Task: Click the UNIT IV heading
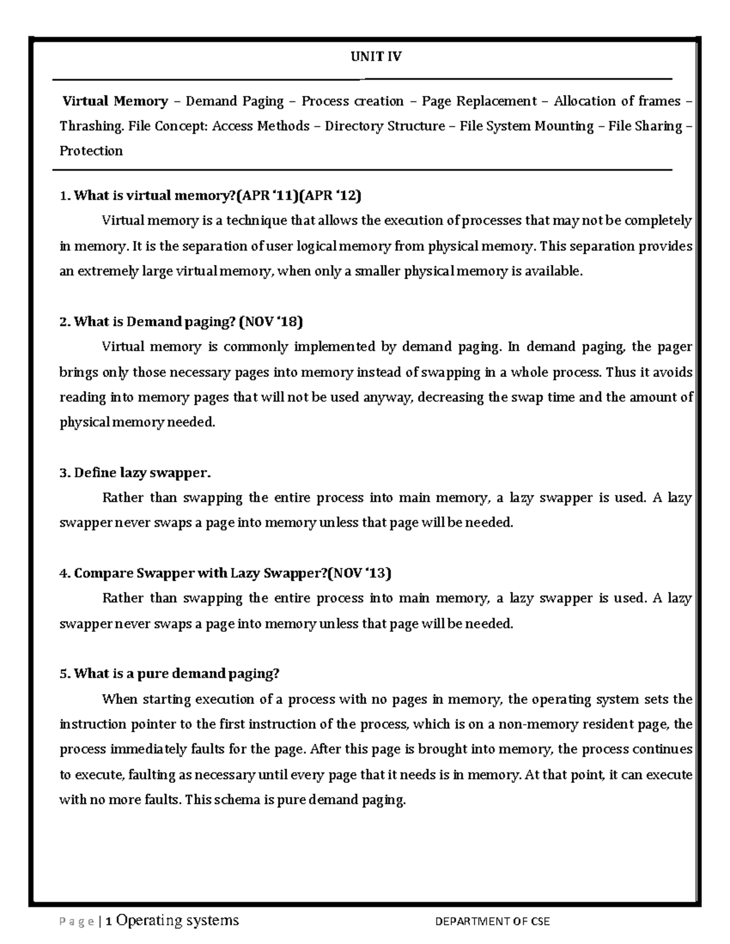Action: coord(376,57)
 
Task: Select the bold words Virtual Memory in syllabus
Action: coord(115,102)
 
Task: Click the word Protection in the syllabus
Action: coord(91,151)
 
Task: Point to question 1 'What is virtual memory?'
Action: coord(154,196)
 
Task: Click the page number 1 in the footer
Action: coord(108,922)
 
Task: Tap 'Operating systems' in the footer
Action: coord(178,921)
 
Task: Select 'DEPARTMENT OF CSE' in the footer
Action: coord(492,922)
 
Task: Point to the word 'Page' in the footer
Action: coord(76,922)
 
